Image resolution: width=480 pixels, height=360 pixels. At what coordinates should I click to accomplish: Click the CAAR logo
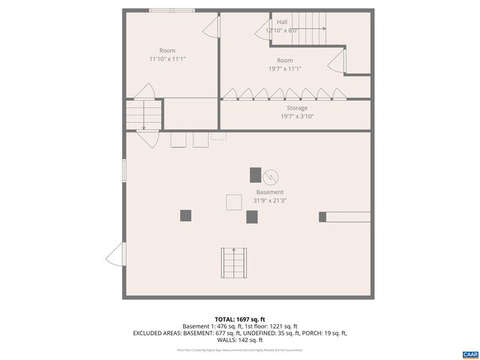[469, 353]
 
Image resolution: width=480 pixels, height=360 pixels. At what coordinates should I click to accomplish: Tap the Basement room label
[270, 192]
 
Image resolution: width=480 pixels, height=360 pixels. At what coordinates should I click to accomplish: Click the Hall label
[282, 22]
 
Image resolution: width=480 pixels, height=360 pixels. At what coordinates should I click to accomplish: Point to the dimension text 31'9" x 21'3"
[270, 200]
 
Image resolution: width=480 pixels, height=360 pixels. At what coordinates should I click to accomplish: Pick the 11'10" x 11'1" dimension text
[167, 58]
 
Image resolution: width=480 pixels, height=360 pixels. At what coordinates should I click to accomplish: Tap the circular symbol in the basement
[271, 177]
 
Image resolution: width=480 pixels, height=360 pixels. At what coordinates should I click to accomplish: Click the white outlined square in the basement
[234, 201]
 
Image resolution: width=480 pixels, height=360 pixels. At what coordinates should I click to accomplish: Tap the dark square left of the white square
[185, 216]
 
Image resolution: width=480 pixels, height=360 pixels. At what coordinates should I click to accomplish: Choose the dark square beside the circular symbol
[256, 175]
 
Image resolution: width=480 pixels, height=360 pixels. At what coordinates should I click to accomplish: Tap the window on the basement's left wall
[124, 169]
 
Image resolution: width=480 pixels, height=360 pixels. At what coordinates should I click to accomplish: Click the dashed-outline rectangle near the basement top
[219, 136]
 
